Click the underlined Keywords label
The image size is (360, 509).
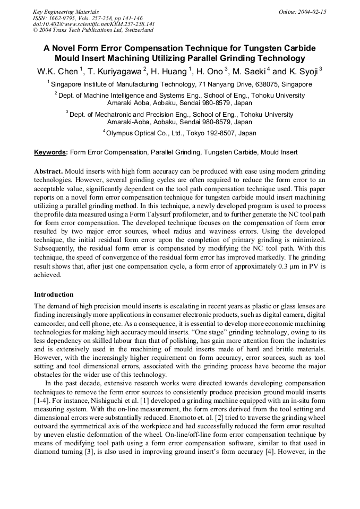[x=50, y=152]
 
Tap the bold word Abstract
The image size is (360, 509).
[x=48, y=172]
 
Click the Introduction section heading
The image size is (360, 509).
[x=54, y=294]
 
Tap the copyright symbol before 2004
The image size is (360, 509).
[x=35, y=30]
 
